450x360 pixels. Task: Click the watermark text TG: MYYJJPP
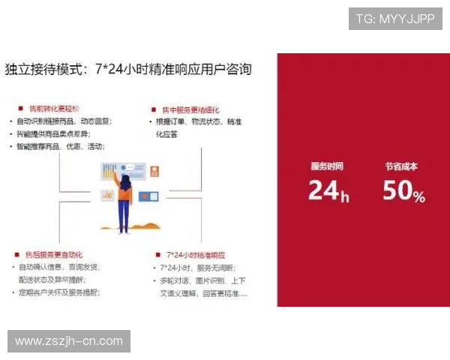[395, 18]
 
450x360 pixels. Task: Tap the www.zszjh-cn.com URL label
[69, 341]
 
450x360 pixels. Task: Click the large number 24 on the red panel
[323, 191]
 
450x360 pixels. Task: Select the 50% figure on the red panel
[403, 192]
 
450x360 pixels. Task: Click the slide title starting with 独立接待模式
[128, 70]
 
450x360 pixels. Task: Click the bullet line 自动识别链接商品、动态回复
[64, 121]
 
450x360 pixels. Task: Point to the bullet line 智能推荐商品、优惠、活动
[61, 146]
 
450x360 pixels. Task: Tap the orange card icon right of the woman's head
[155, 170]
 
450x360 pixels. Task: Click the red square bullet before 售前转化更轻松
[19, 108]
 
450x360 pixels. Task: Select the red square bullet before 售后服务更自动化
[17, 254]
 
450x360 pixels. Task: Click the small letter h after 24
[345, 197]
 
